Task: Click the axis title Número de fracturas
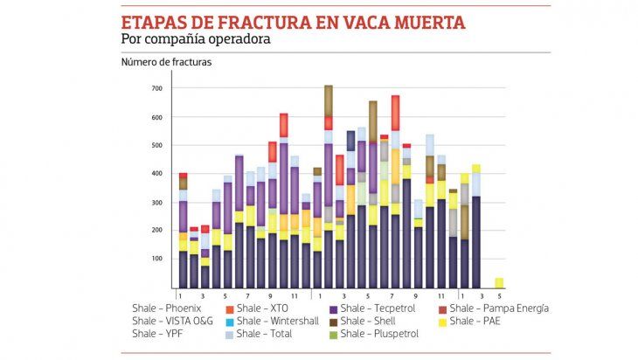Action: pyautogui.click(x=166, y=62)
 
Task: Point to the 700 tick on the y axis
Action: pyautogui.click(x=157, y=89)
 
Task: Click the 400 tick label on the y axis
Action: pyautogui.click(x=157, y=174)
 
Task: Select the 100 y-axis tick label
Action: pyautogui.click(x=157, y=259)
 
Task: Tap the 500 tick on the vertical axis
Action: pyautogui.click(x=157, y=146)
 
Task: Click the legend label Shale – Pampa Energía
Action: pyautogui.click(x=499, y=308)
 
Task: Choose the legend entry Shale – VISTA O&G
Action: pyautogui.click(x=172, y=321)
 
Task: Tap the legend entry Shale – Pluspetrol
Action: pyautogui.click(x=379, y=333)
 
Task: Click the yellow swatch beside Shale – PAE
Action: pyautogui.click(x=441, y=321)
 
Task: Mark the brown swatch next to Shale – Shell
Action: pyautogui.click(x=333, y=321)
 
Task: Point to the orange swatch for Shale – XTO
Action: pyautogui.click(x=229, y=308)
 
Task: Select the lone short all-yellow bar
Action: pyautogui.click(x=499, y=282)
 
